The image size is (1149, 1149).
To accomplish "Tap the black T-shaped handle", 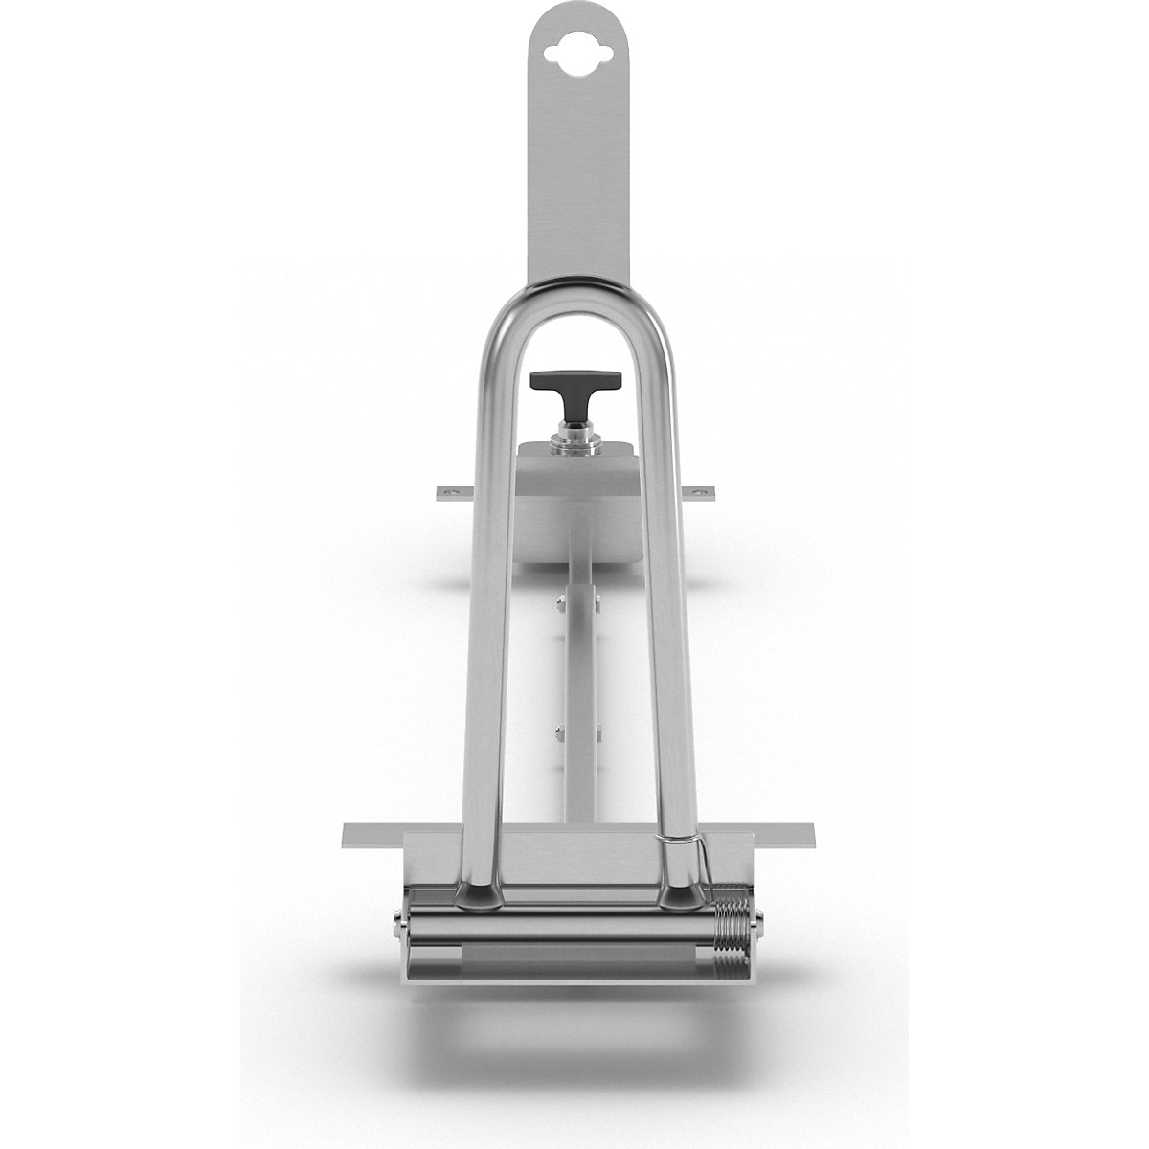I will click(574, 382).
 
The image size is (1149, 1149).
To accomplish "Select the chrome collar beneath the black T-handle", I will click(574, 442).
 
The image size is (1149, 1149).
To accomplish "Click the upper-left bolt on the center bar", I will click(558, 602).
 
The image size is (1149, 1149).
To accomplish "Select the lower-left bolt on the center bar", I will click(558, 733).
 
